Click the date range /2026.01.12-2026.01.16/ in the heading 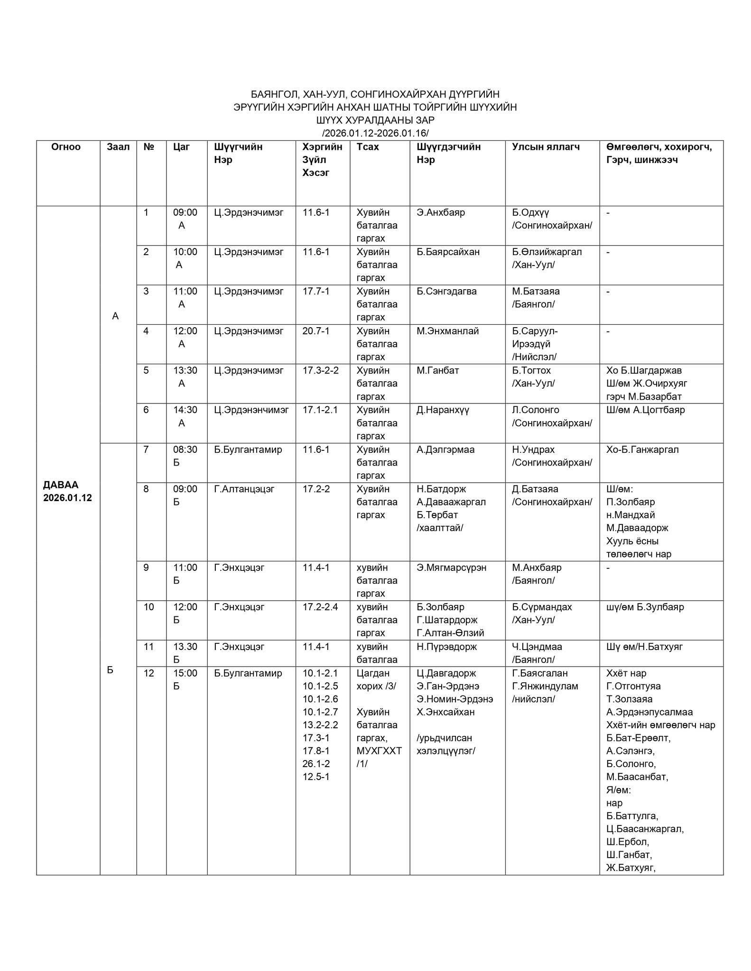(375, 133)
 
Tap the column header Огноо (66, 147)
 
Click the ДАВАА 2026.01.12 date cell (67, 491)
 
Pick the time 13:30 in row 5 (185, 370)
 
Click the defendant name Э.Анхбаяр (441, 212)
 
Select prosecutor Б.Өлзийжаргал (547, 252)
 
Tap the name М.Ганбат (438, 370)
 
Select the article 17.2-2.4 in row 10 (320, 607)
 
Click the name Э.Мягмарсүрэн (451, 568)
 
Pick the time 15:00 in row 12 (185, 673)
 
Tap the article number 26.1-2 (316, 764)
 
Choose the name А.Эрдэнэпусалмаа (649, 712)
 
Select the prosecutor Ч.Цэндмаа (537, 647)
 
